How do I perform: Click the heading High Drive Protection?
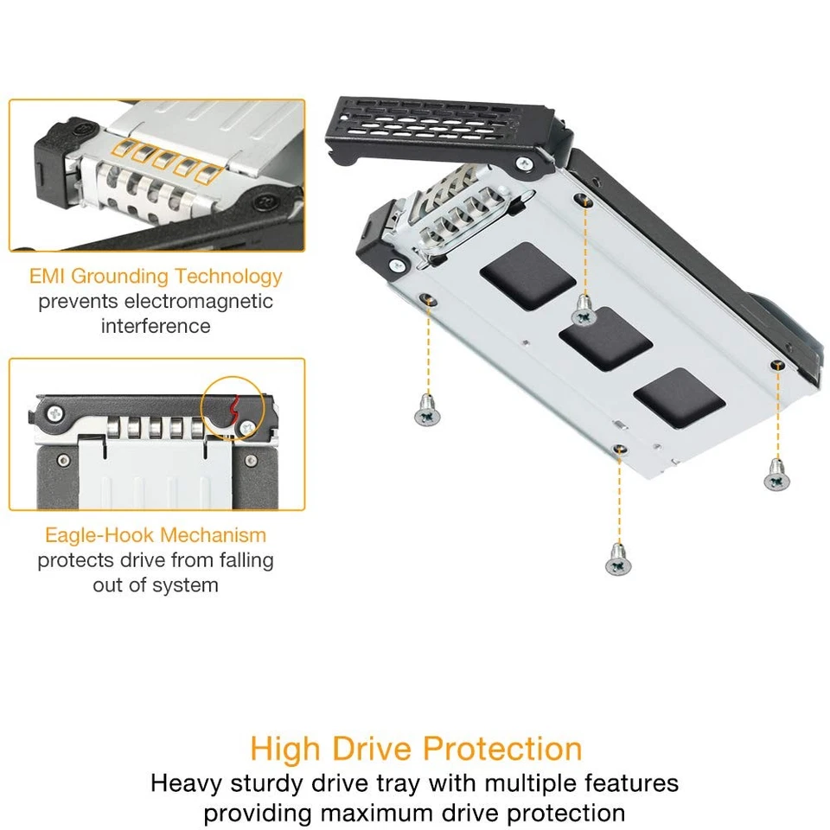click(416, 748)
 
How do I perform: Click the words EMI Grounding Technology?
click(156, 277)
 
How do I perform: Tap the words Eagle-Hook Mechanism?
click(156, 535)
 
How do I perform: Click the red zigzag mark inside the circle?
click(233, 413)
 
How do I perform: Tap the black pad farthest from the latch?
click(679, 397)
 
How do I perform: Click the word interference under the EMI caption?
click(156, 327)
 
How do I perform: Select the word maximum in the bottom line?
click(426, 814)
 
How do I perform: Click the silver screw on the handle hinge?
click(525, 163)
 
